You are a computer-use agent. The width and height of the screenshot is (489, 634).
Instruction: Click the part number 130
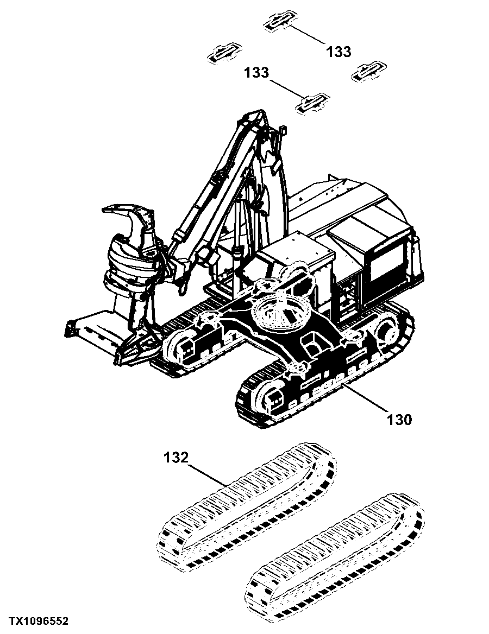(399, 419)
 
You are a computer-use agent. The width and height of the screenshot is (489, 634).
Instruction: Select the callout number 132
(177, 458)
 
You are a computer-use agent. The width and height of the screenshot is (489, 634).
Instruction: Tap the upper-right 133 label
(339, 52)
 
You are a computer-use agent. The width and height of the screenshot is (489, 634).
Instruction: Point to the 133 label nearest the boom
(256, 72)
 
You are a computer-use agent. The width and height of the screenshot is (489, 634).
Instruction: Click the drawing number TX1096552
(39, 620)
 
